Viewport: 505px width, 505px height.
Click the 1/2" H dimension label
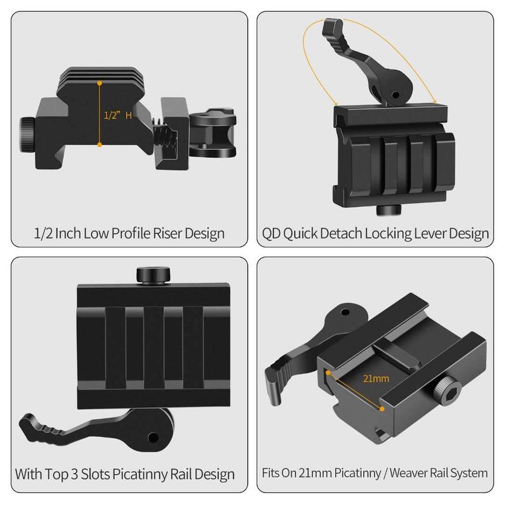pos(118,115)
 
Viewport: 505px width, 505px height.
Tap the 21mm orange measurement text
pos(376,378)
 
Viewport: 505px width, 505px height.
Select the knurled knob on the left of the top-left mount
pos(27,135)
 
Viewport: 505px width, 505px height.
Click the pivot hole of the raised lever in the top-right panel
pos(395,95)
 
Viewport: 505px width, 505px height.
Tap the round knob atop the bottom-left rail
pos(153,275)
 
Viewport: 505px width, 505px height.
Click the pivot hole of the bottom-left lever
pos(153,437)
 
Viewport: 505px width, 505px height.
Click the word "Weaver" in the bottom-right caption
pos(408,473)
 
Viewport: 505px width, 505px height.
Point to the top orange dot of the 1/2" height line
pos(100,83)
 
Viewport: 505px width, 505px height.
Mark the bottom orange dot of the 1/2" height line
pos(100,145)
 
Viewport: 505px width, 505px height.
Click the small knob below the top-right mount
pos(389,210)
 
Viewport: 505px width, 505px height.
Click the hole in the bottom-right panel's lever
pos(345,312)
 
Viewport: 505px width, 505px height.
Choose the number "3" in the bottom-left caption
pos(74,475)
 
